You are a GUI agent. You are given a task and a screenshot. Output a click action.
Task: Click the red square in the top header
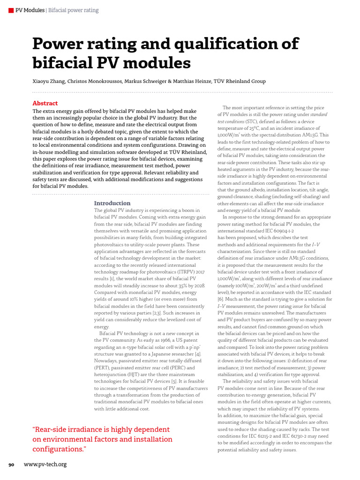11,10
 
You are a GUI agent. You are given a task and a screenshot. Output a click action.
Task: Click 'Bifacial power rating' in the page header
74,10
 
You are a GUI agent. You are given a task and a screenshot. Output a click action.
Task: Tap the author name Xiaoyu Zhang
49,81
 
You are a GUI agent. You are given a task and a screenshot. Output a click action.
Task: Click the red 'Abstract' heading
45,103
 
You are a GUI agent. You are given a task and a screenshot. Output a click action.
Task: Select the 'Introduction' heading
112,203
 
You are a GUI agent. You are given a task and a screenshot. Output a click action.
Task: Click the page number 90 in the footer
12,465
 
